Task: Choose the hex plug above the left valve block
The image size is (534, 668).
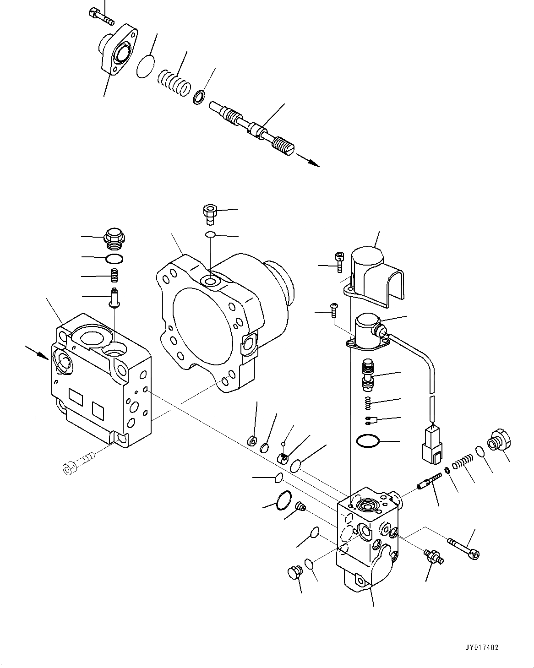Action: point(114,237)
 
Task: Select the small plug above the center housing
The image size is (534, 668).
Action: point(210,213)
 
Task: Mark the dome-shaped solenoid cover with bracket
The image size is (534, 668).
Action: point(376,272)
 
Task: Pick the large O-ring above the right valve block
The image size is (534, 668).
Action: point(368,441)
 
